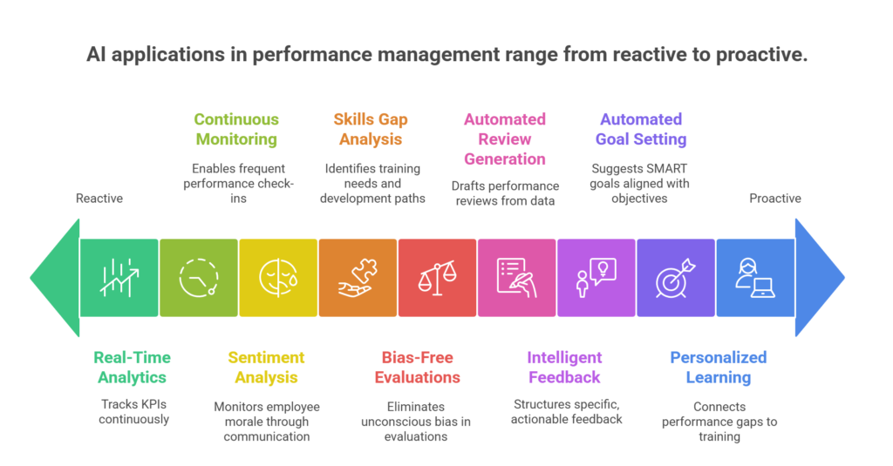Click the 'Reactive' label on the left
pos(99,199)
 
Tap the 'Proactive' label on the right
pos(775,199)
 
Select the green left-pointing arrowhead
pos(55,278)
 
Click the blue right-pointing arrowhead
pos(819,278)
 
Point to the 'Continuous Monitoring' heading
pos(236,129)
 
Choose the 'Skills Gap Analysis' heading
pos(371,129)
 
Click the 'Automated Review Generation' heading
pos(505,139)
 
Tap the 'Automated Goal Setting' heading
pos(641,129)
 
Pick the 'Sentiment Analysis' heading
pos(266,367)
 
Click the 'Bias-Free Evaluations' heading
pos(418,367)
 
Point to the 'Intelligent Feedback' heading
pos(564,367)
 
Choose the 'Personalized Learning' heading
pos(718,367)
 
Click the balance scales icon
pos(437,278)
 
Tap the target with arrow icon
pos(676,278)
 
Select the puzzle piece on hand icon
pos(358,278)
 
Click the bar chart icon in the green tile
pos(119,278)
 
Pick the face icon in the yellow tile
pos(278,278)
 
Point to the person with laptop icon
pos(755,278)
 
